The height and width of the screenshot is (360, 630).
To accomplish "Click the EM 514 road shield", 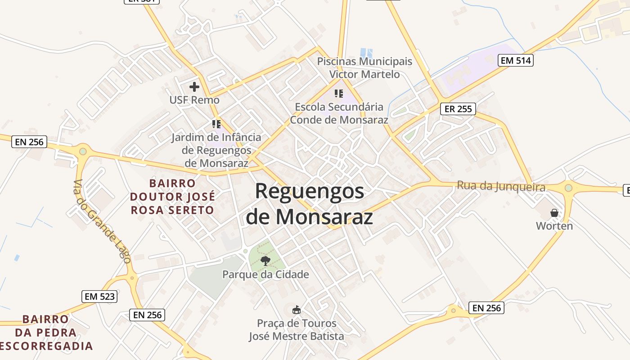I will (515, 60).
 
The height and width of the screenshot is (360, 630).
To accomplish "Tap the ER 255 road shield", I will (458, 108).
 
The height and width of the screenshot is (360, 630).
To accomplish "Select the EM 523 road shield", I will (100, 297).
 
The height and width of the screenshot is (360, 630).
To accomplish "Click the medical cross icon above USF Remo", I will (194, 87).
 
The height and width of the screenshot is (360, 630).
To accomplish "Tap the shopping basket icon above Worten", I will (554, 212).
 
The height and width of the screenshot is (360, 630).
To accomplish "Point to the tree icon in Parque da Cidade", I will (265, 261).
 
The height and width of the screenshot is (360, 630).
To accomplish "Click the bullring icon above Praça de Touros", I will (296, 310).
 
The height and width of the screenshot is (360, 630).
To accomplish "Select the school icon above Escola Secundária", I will (338, 94).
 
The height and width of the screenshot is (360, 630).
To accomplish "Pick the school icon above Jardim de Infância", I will (216, 123).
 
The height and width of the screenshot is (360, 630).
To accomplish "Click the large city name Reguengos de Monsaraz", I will (310, 204).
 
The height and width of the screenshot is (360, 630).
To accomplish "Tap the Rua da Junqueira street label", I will (501, 186).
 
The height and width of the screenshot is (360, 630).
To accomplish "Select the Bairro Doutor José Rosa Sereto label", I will (172, 197).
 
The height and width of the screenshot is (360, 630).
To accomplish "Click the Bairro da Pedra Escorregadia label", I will (46, 333).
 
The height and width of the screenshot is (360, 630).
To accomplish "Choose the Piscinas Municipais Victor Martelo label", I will (364, 67).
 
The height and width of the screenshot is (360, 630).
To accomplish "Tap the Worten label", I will (554, 226).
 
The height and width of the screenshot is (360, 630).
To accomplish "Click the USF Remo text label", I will (194, 100).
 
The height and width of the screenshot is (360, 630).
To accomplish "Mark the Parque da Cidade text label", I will (265, 274).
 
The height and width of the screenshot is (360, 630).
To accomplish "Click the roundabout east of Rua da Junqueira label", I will (568, 188).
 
